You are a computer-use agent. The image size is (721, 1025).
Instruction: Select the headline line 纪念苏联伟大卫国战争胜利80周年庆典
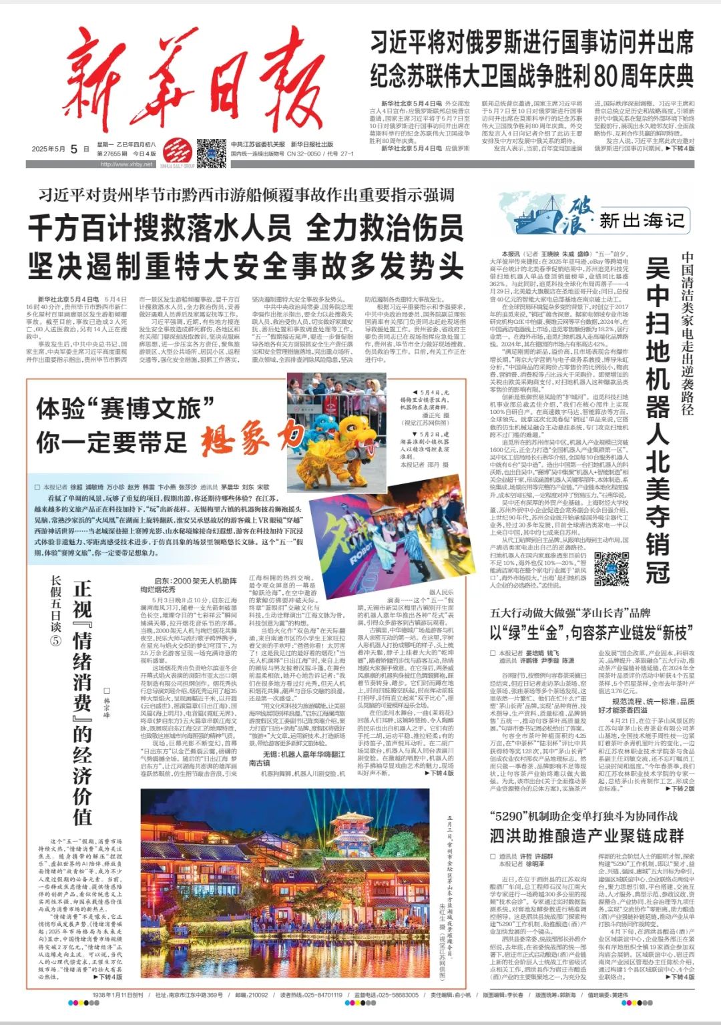coord(532,76)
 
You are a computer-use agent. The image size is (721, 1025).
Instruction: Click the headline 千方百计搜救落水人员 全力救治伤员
coord(245,228)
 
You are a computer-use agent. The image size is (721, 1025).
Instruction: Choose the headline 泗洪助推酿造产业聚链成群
coord(586,835)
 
